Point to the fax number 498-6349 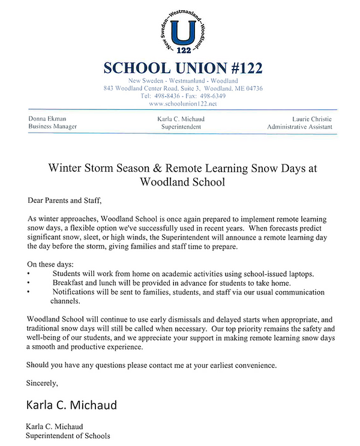[x=212, y=95]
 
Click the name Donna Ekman [x=47, y=119]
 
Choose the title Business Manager [x=52, y=127]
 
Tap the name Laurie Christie [x=310, y=119]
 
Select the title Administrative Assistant [x=299, y=127]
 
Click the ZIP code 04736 [x=251, y=88]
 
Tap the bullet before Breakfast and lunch [x=29, y=283]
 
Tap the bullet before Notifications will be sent [x=29, y=292]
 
